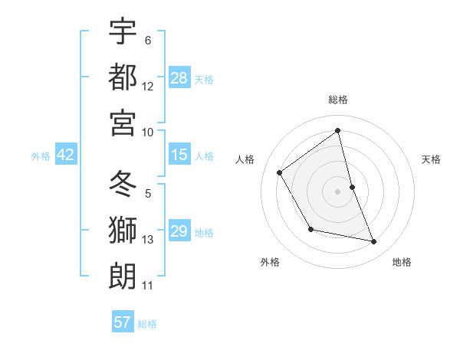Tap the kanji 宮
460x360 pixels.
123,122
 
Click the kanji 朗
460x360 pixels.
123,276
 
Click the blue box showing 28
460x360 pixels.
179,77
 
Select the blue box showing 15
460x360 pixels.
179,155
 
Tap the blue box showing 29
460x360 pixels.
179,231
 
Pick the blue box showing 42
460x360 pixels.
66,155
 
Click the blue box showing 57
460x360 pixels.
123,322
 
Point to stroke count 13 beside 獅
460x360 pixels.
148,240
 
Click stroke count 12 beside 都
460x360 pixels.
148,86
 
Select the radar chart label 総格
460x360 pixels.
338,100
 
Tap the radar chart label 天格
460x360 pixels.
431,159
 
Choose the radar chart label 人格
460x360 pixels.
245,159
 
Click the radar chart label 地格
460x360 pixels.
402,262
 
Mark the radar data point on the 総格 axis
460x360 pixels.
338,131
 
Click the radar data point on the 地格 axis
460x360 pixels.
374,242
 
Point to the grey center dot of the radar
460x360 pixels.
338,191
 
